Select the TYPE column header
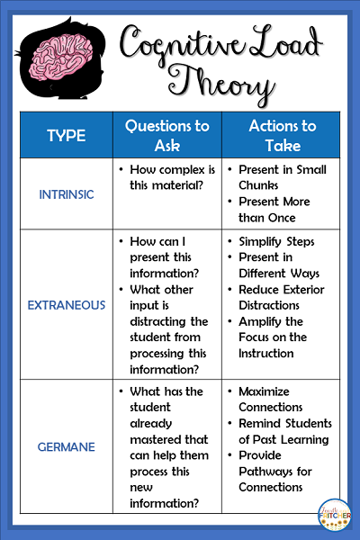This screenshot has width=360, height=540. [x=66, y=136]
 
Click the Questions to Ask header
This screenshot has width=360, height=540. [x=166, y=136]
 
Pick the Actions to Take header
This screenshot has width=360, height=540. [x=283, y=136]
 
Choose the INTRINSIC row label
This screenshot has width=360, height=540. [x=66, y=193]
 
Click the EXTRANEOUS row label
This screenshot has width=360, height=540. [x=66, y=306]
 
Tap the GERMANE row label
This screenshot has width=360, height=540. [x=66, y=447]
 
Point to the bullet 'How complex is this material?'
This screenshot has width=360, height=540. [x=166, y=177]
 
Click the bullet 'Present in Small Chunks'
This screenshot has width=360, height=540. [x=282, y=177]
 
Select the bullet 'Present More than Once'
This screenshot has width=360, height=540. [x=282, y=209]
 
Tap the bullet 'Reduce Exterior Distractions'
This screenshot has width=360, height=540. [x=282, y=297]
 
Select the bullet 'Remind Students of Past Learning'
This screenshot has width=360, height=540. [x=283, y=431]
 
